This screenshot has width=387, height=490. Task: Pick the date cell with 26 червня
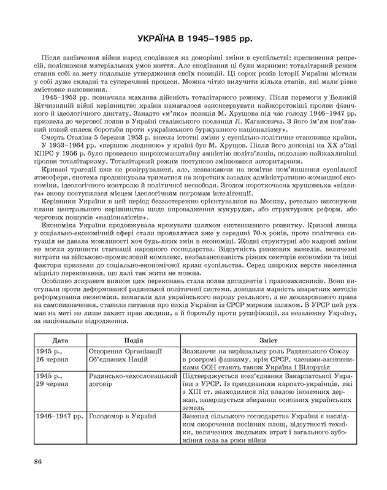[x=56, y=361]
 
